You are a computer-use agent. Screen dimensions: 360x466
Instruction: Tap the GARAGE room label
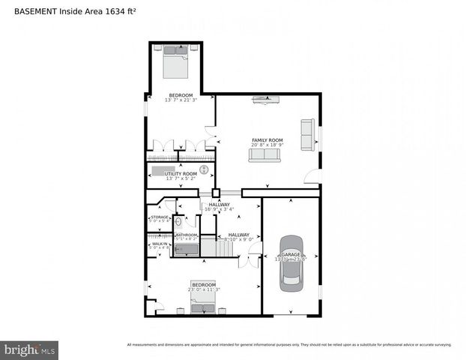coord(291,255)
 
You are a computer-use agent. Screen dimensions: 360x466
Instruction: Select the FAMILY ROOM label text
coord(267,140)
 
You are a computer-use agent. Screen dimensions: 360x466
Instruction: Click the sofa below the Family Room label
coord(264,154)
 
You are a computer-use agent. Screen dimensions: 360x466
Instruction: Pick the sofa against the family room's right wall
coord(307,133)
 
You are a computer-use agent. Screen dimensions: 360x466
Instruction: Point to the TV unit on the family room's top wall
coord(267,98)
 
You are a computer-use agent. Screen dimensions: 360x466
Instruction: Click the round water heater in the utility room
coord(203,169)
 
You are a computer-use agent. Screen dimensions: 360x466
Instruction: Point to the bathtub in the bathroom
coord(185,249)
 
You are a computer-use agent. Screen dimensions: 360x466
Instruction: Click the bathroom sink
coord(178,222)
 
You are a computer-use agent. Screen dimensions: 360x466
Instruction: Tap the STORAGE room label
coord(159,217)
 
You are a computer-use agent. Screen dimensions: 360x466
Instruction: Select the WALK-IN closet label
coord(159,243)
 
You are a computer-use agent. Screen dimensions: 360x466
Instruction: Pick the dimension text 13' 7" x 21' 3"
coord(180,100)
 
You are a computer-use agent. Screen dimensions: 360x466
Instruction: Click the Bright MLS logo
coord(30,349)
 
